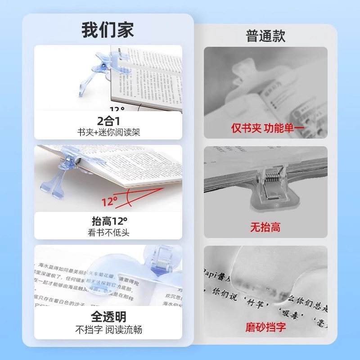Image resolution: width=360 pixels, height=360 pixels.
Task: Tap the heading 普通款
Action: tap(265, 36)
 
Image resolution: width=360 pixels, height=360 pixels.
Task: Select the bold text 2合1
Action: tap(108, 121)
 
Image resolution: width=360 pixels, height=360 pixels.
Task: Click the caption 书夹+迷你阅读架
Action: tap(108, 132)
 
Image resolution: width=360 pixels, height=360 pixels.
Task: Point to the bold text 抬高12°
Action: tap(108, 221)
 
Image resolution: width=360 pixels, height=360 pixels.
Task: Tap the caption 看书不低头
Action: tap(108, 233)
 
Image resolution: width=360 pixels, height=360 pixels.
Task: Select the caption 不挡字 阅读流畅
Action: tap(108, 329)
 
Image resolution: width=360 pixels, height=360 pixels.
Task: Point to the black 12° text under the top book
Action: tap(117, 108)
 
